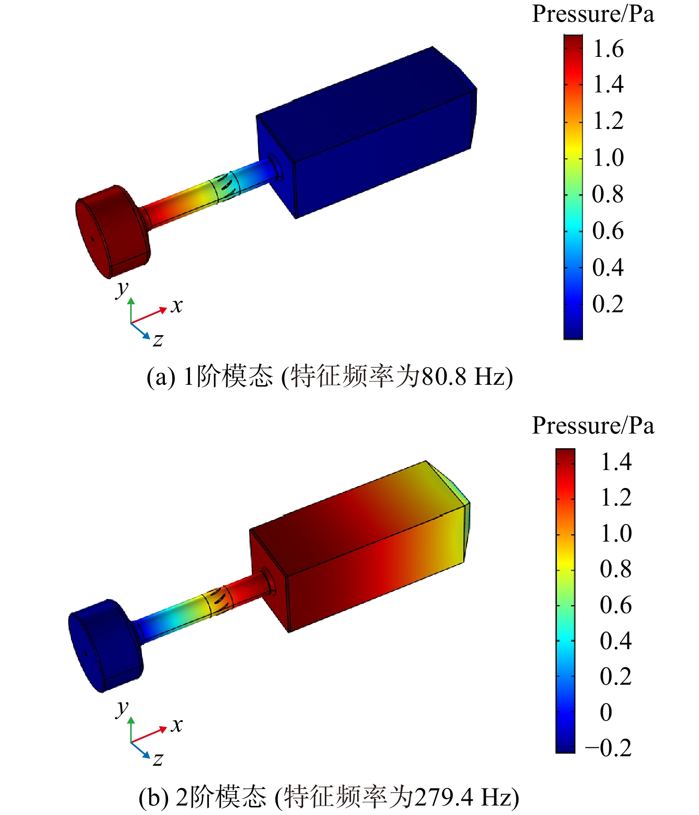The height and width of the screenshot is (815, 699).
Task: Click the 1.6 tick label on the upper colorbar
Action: click(609, 49)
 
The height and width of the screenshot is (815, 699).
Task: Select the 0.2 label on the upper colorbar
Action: click(608, 304)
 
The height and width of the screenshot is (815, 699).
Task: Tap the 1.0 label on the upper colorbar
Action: click(609, 157)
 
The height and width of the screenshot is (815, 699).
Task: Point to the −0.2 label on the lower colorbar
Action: click(609, 748)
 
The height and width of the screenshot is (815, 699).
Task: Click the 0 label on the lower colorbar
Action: click(606, 712)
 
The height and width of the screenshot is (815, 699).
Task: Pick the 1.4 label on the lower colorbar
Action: click(616, 462)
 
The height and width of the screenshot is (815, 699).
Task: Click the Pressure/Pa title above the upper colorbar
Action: click(593, 14)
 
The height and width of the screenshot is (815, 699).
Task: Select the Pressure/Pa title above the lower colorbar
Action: click(593, 426)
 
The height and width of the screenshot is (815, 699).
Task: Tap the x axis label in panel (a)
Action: click(177, 306)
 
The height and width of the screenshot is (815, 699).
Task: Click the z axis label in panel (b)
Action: click(158, 759)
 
